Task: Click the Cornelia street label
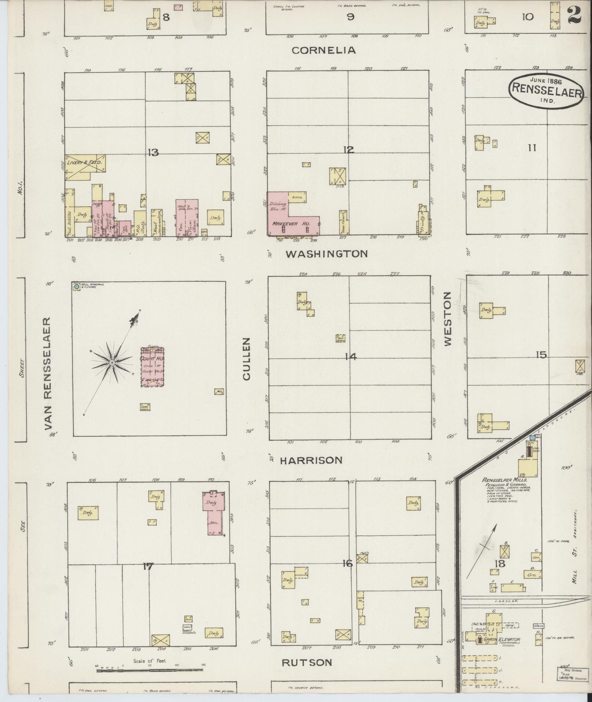pos(324,50)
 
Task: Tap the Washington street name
pos(327,254)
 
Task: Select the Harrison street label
pos(311,460)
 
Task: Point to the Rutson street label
pos(307,662)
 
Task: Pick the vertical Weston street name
pos(447,319)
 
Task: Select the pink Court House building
pos(152,367)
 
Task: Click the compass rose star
pos(112,363)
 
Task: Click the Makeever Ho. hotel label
pos(291,223)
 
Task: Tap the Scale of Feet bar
pos(150,670)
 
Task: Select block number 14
pos(351,356)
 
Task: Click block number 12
pos(348,150)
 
